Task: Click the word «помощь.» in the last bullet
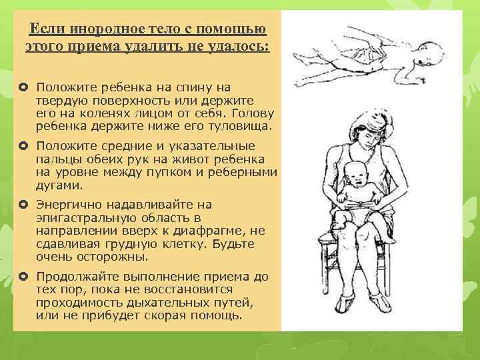pyautogui.click(x=220, y=315)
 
